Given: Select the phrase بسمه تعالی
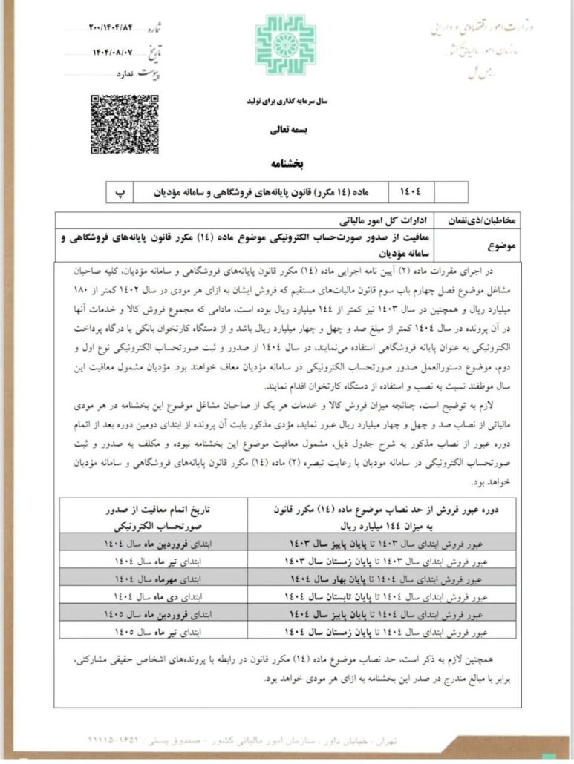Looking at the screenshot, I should tap(286, 128).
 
